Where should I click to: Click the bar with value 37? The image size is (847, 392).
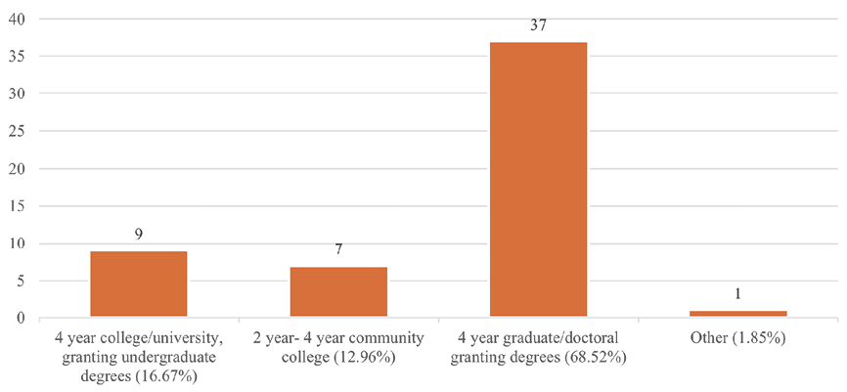[538, 180]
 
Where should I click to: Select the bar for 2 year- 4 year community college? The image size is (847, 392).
[338, 292]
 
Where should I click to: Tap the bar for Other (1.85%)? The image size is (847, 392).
[737, 314]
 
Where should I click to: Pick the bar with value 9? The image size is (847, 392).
[138, 284]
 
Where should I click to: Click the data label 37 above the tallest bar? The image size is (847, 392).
[538, 24]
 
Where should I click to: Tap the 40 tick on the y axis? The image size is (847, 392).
[18, 20]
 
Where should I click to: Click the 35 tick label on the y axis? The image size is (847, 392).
[18, 57]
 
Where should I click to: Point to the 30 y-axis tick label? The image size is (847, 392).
[18, 94]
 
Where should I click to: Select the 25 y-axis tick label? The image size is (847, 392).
[18, 132]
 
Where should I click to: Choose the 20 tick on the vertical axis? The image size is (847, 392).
[18, 169]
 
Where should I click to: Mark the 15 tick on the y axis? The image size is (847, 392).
[18, 206]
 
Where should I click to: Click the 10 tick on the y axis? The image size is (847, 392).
[18, 243]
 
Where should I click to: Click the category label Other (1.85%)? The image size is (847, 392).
[737, 339]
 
